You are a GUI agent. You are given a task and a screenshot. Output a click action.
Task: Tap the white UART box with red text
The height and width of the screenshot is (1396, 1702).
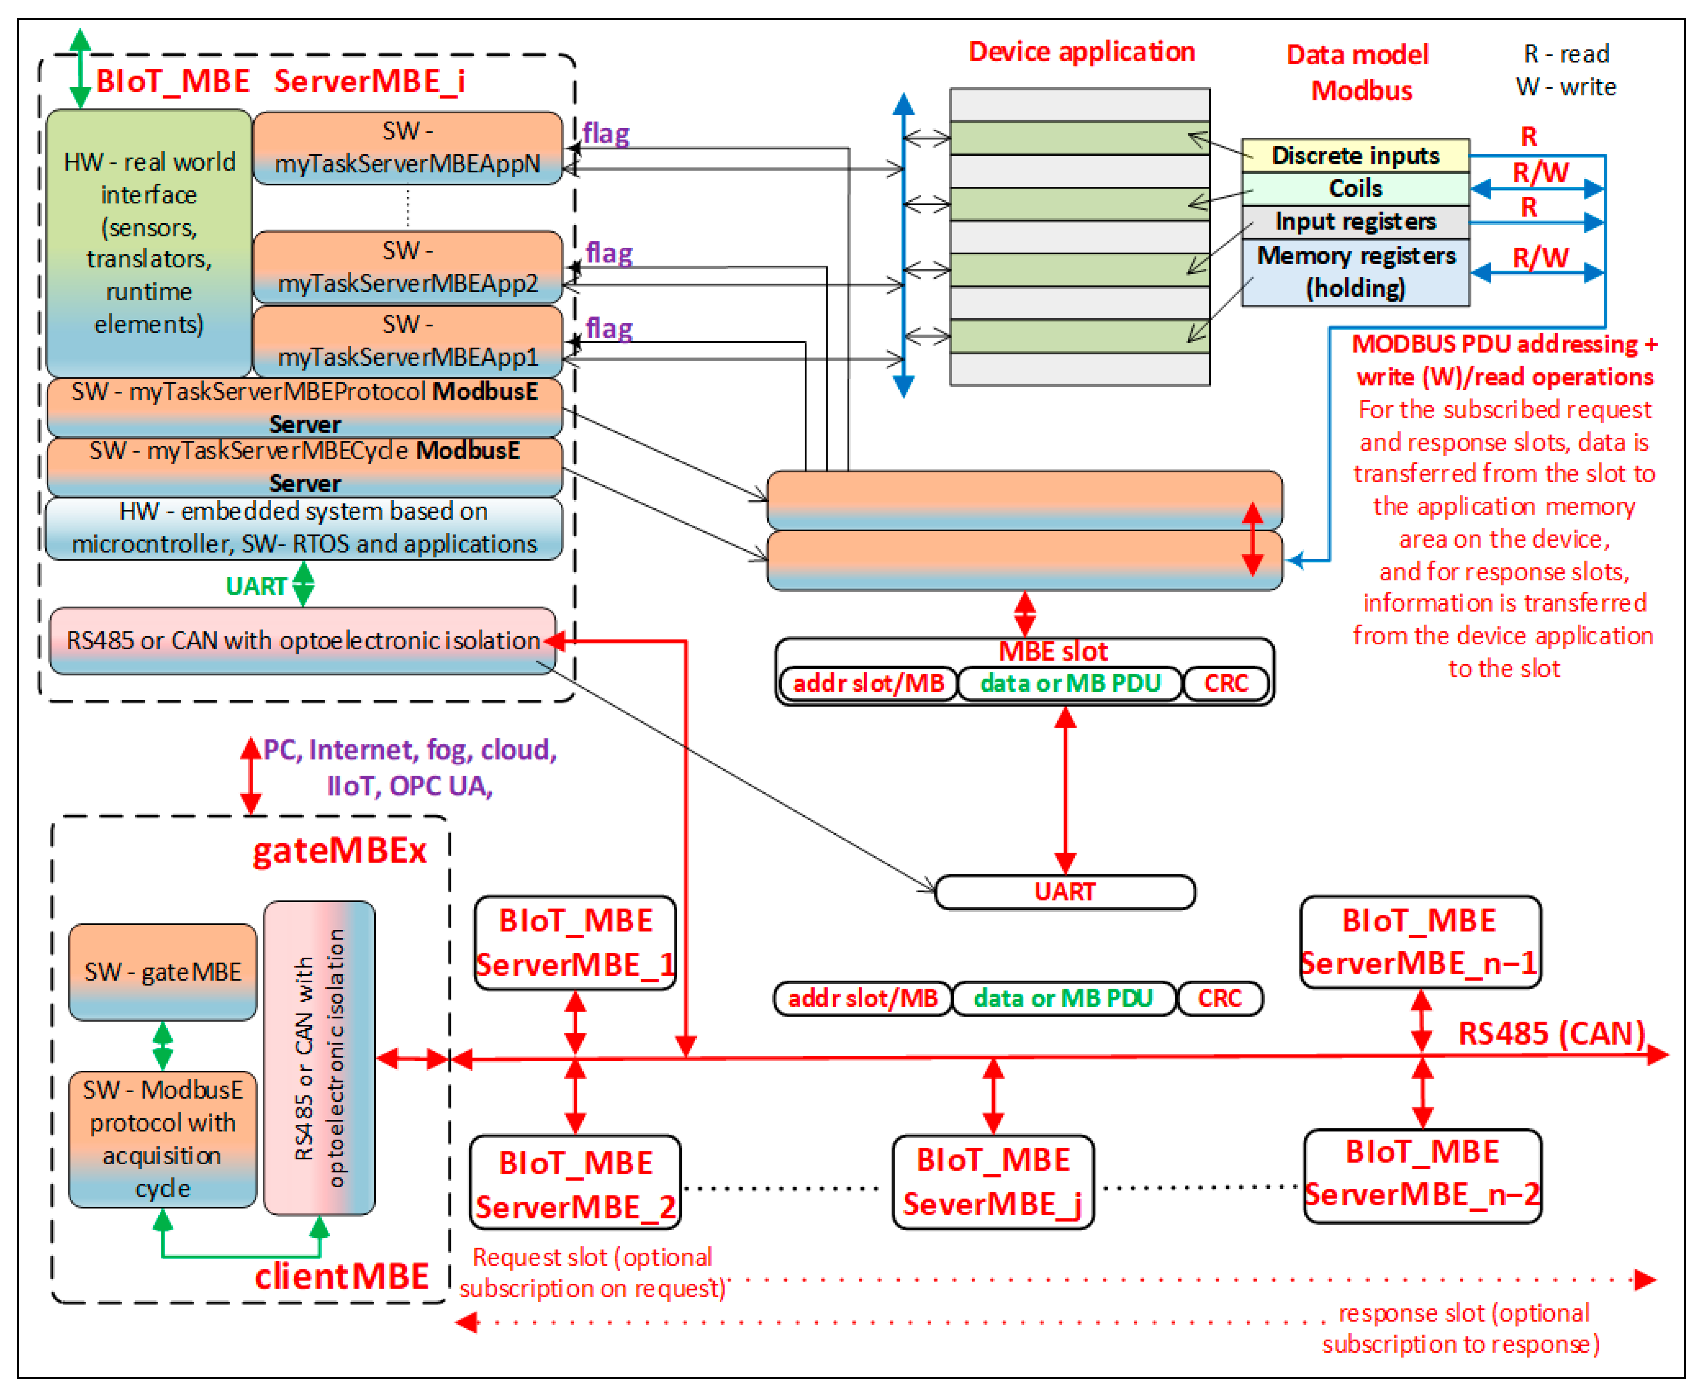pyautogui.click(x=1064, y=892)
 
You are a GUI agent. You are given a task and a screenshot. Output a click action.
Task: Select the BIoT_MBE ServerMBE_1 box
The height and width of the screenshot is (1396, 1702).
pyautogui.click(x=575, y=943)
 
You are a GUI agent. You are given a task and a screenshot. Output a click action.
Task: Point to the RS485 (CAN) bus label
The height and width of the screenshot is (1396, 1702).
pyautogui.click(x=1551, y=1033)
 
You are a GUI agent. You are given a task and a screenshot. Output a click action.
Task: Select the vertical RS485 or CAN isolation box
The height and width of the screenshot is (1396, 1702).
pyautogui.click(x=319, y=1058)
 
